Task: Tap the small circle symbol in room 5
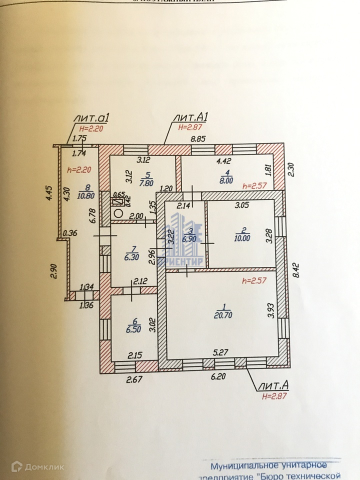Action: (x=118, y=212)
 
